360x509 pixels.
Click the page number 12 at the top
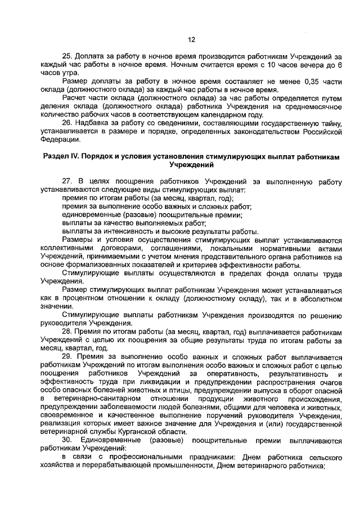[190, 39]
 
